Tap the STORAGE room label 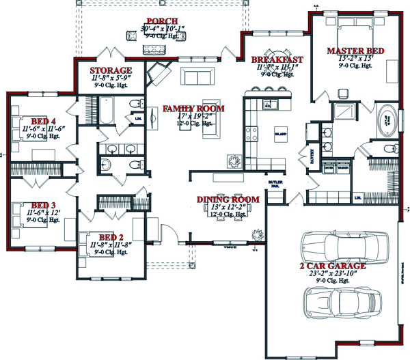111,70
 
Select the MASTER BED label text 355,51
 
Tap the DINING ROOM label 228,199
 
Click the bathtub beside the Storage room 108,111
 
